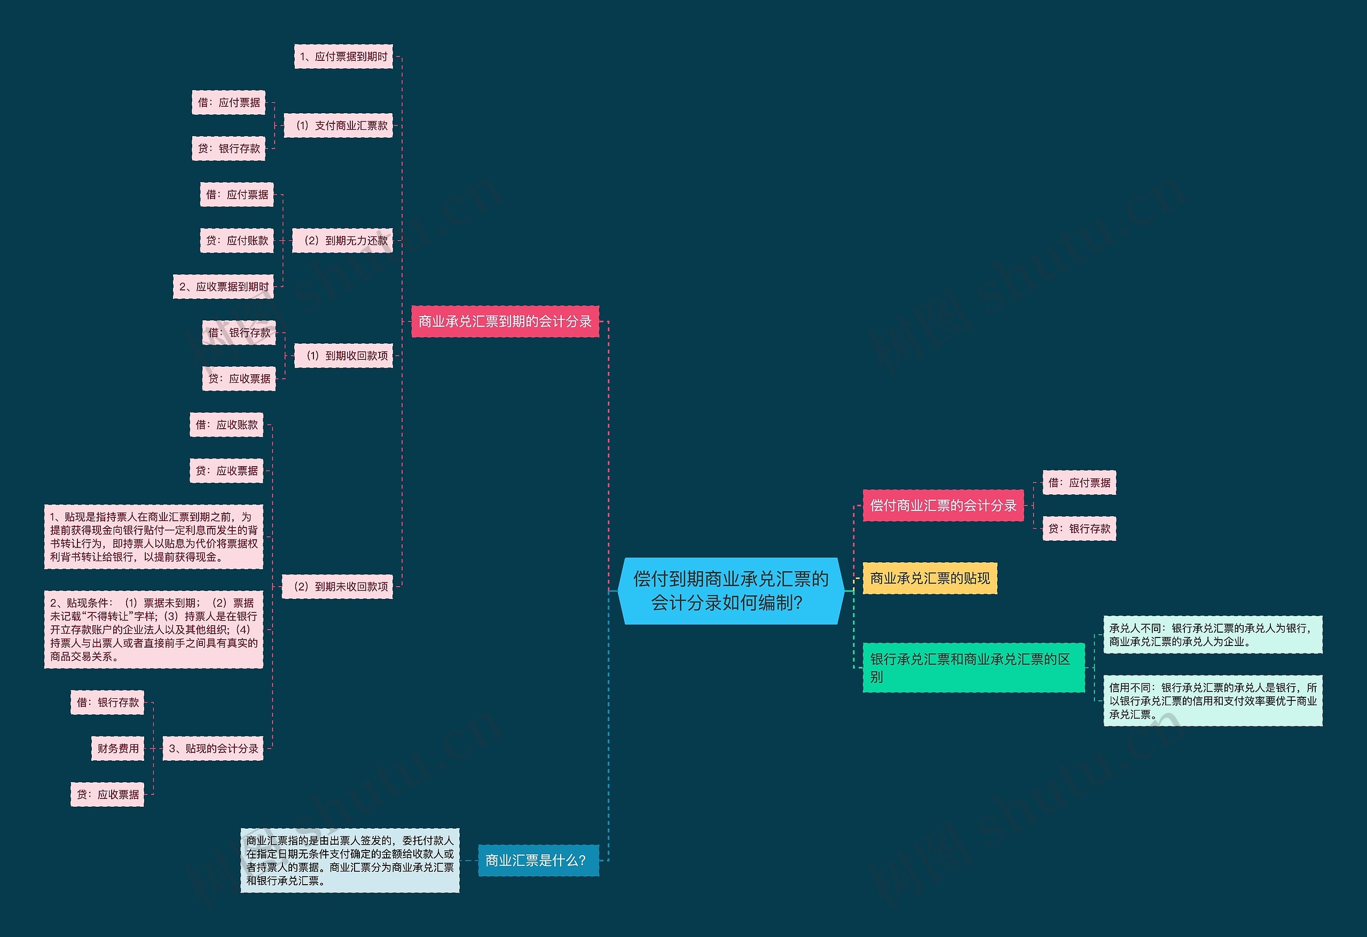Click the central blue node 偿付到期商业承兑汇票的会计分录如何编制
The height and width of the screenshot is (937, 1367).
coord(730,590)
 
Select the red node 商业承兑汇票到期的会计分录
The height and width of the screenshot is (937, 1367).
coord(505,321)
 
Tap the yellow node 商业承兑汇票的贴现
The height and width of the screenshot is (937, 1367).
coord(929,578)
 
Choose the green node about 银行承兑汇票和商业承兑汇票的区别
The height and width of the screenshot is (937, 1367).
coord(973,667)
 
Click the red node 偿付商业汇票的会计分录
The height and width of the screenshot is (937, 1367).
coord(943,505)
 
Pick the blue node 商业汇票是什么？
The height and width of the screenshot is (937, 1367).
coord(538,860)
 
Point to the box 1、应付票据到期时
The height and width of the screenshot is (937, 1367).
coord(343,57)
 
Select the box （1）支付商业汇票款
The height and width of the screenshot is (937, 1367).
coord(338,125)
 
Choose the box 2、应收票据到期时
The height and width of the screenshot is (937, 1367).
coord(224,287)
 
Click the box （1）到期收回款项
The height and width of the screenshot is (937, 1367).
coord(343,355)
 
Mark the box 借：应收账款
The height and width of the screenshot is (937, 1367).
coord(226,424)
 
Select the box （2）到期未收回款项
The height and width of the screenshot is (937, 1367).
coord(337,586)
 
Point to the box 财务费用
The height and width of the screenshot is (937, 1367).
coord(117,748)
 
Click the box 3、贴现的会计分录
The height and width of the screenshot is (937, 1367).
coord(213,748)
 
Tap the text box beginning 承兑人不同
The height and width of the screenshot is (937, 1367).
coord(1212,635)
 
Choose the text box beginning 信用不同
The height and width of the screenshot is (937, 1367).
coord(1212,700)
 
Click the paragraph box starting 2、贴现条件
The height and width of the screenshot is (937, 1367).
coord(154,629)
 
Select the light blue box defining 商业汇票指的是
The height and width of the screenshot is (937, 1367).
coord(350,860)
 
